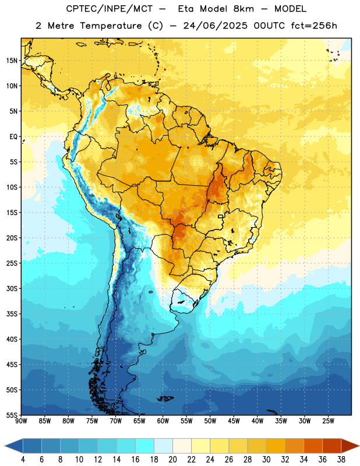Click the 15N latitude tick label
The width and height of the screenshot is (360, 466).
[12, 61]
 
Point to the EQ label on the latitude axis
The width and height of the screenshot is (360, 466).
[13, 137]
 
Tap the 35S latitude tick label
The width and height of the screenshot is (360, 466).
[12, 314]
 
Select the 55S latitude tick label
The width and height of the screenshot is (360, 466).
[12, 415]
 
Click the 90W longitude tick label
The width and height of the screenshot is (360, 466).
[21, 421]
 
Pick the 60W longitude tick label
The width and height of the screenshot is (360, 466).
[163, 421]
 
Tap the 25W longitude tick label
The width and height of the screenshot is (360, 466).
[328, 421]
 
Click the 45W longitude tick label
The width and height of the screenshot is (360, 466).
[234, 421]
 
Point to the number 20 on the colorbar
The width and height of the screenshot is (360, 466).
[172, 460]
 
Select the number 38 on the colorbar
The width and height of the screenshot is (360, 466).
[341, 460]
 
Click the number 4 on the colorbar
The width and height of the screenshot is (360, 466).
[23, 460]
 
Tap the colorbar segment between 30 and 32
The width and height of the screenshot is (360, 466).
[276, 446]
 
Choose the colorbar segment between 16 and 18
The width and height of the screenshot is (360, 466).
[144, 446]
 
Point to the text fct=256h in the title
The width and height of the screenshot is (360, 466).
[314, 26]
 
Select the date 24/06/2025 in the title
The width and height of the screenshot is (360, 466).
[215, 26]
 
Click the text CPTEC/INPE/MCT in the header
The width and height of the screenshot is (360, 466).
[109, 9]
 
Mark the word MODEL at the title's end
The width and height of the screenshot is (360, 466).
[290, 9]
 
